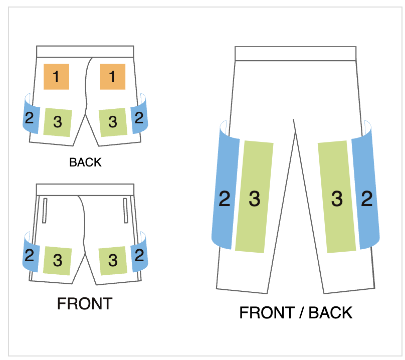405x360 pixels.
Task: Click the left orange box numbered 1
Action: point(56,77)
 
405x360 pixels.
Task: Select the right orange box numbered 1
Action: point(112,77)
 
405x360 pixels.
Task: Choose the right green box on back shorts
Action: point(112,122)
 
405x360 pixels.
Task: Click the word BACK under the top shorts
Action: point(85,162)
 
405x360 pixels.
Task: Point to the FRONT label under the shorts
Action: point(84,304)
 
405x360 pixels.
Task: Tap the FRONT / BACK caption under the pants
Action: point(296,313)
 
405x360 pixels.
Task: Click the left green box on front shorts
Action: point(57,260)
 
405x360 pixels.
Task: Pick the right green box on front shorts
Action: point(112,260)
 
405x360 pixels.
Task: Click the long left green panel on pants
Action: point(254,197)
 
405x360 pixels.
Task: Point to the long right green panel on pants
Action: point(337,197)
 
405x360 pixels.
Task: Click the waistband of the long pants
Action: point(295,54)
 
